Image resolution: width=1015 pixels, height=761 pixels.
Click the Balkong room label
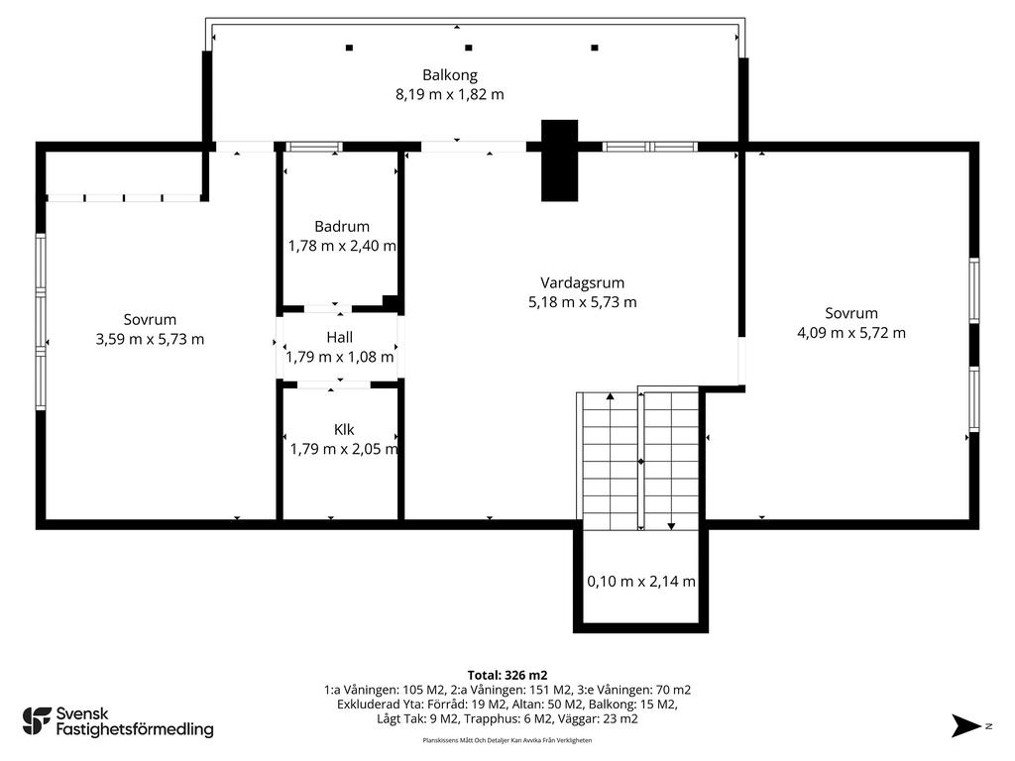pos(450,75)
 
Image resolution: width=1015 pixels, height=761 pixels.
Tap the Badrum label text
pos(342,227)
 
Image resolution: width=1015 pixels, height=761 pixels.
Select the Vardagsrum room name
pos(583,282)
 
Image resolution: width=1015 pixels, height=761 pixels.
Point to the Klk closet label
pos(344,430)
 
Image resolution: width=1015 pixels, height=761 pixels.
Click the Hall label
pos(340,337)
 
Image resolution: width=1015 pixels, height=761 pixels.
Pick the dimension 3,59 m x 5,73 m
pos(151,339)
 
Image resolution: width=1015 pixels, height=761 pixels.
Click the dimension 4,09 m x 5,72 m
pos(851,333)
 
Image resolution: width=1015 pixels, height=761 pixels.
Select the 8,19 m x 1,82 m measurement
pos(450,94)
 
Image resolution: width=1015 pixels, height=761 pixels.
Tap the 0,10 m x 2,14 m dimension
pos(641,581)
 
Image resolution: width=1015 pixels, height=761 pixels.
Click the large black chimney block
pos(559,161)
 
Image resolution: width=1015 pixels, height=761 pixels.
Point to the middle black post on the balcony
pos(469,48)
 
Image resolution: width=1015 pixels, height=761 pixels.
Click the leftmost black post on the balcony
pos(350,48)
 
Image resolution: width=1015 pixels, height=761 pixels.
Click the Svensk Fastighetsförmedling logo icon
pos(37,721)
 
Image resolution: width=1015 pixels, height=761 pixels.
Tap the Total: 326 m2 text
pos(507,676)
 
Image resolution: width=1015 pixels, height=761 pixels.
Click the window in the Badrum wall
pos(314,147)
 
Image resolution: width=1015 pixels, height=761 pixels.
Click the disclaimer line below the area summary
pos(507,740)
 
